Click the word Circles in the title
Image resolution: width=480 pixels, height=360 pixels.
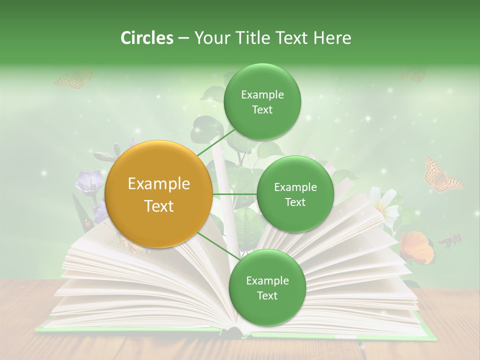click(146, 38)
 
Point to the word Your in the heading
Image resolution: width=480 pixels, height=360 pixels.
click(211, 38)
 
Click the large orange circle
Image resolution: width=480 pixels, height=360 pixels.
click(159, 194)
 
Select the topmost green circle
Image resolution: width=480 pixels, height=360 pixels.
click(262, 102)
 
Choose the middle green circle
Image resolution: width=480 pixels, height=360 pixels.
click(295, 194)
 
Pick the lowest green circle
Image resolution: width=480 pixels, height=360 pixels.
click(267, 287)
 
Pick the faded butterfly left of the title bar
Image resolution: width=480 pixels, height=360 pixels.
click(74, 78)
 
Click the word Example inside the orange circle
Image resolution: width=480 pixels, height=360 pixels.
click(159, 184)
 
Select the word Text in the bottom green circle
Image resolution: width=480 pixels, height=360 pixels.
click(267, 295)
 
